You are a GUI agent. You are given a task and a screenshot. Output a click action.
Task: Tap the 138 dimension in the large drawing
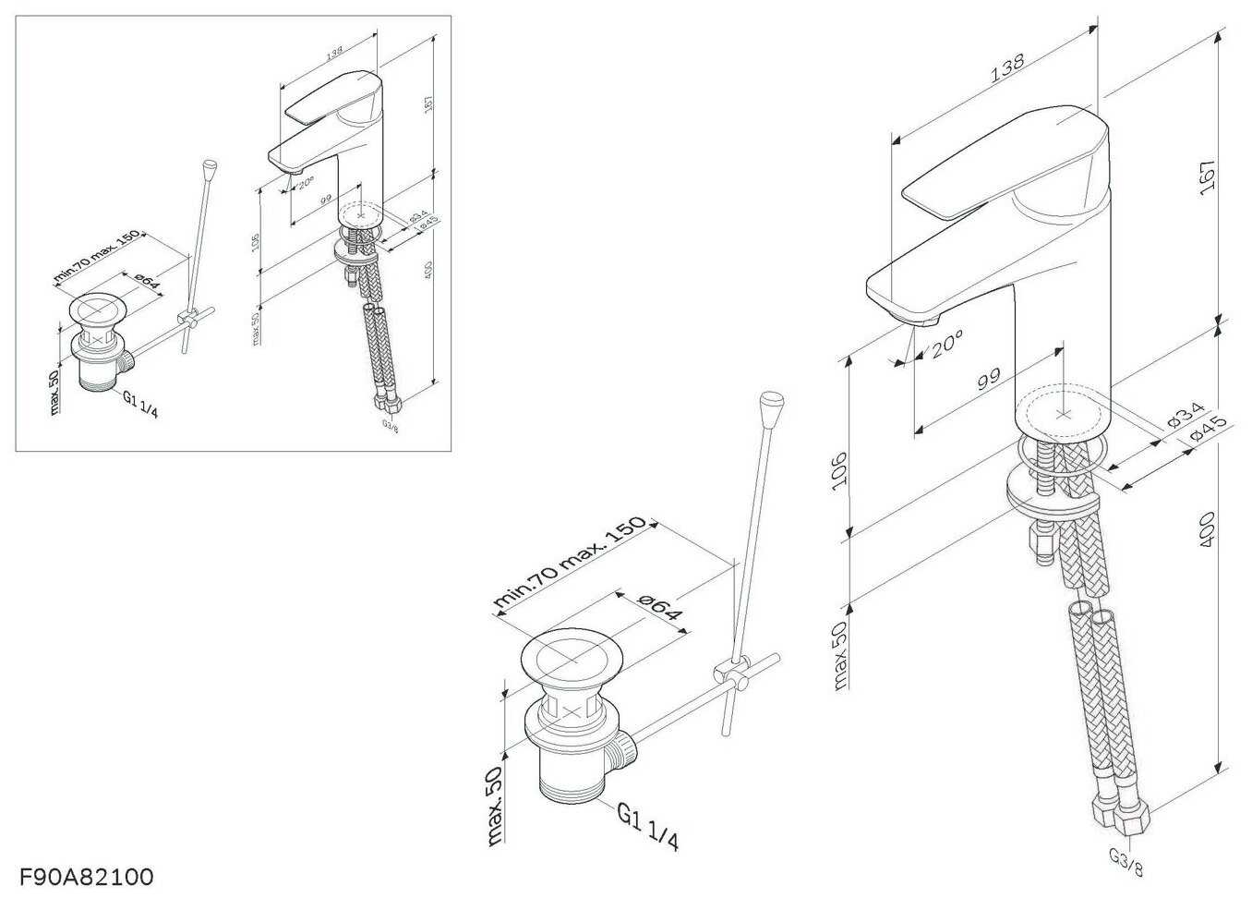click(x=1006, y=68)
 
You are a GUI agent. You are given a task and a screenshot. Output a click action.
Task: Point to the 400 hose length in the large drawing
click(x=1206, y=530)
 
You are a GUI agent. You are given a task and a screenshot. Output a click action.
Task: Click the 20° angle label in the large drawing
click(x=946, y=346)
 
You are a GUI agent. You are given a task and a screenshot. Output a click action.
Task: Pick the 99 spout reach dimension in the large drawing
click(x=988, y=379)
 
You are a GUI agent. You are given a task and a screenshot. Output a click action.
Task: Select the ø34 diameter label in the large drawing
click(x=1186, y=412)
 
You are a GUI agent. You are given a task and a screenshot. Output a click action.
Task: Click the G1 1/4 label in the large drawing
click(x=648, y=826)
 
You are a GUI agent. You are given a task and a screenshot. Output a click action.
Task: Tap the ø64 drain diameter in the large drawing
click(x=658, y=608)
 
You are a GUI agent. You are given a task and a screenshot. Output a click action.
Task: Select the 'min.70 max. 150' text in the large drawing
click(x=569, y=562)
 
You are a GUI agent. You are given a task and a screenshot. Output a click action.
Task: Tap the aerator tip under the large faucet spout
click(x=922, y=319)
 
